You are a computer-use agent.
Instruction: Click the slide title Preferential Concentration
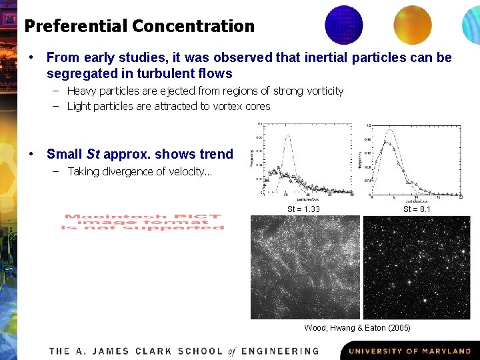coord(139,27)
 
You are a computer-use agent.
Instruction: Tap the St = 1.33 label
coord(303,209)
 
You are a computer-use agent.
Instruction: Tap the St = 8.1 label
coord(417,209)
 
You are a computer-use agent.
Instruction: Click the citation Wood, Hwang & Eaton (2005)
coord(357,328)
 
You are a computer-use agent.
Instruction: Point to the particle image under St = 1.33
coord(305,267)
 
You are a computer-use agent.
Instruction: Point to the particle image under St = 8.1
coord(416,267)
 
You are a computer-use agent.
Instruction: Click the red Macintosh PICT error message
coord(143,222)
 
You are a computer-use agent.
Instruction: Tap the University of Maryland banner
coord(409,351)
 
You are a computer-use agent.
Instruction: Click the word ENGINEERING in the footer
coord(281,351)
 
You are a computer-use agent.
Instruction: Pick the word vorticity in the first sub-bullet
coord(322,91)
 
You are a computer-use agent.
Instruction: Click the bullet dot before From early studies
coord(31,58)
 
